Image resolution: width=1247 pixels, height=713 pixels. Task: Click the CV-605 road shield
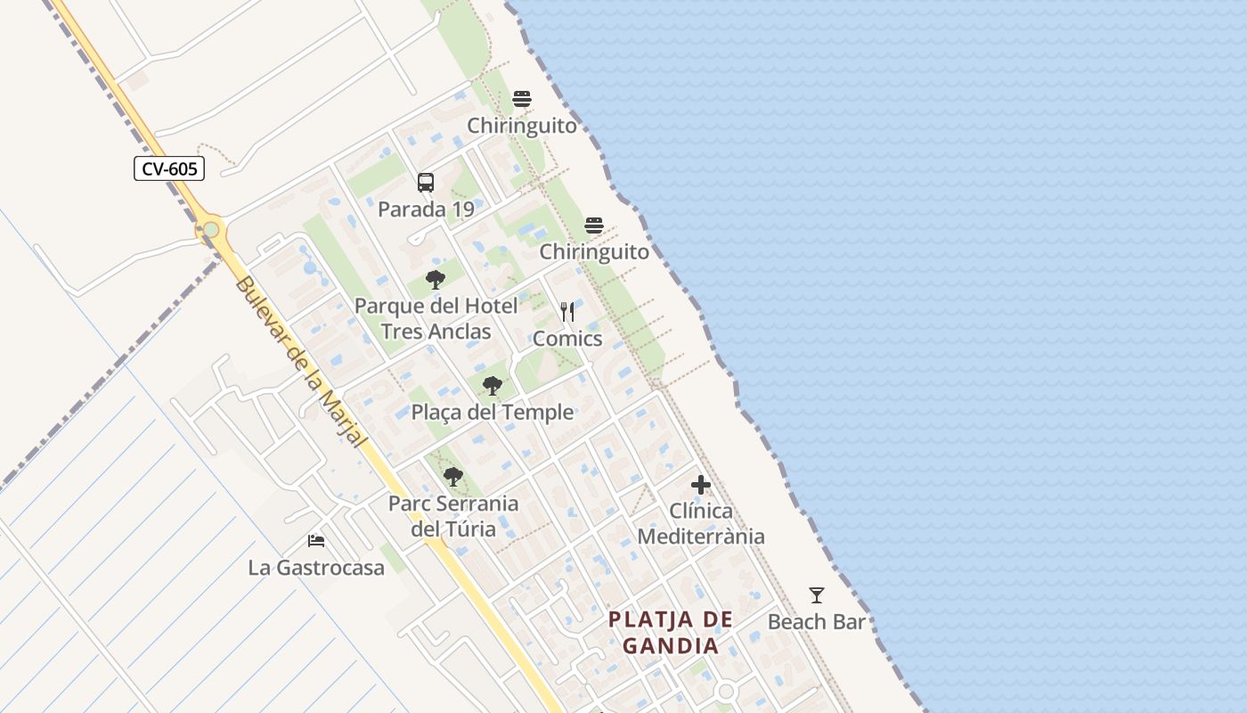169,168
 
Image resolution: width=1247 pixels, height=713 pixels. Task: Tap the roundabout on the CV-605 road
211,230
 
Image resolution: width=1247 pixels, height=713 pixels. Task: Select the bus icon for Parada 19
426,183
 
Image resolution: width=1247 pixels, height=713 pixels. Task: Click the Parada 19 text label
426,210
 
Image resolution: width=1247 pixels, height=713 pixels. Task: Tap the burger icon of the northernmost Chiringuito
522,99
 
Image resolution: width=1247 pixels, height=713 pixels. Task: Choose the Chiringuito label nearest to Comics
594,252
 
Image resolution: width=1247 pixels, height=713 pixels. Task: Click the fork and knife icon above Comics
567,312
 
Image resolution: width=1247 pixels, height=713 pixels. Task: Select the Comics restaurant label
567,339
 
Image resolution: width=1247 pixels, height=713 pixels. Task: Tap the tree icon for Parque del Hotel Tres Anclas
436,280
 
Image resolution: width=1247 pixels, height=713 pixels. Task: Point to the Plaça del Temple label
492,413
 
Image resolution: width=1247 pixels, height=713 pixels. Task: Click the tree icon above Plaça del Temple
492,386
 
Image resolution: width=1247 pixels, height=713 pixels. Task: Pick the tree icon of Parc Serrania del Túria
453,477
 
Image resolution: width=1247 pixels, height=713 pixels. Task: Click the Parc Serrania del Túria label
453,516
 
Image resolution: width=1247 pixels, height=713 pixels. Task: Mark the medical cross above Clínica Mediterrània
701,485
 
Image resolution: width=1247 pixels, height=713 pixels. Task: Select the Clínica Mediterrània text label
701,524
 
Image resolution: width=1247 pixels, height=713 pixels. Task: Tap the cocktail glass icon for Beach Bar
817,594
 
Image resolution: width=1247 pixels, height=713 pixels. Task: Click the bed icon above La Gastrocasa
316,540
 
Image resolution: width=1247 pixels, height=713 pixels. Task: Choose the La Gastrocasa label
316,568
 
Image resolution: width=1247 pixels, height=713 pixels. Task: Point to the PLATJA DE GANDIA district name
671,632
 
